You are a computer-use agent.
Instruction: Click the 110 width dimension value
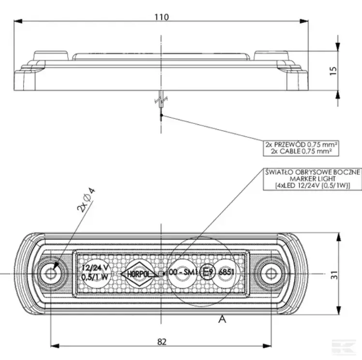click(162, 17)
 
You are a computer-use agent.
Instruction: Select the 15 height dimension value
click(332, 71)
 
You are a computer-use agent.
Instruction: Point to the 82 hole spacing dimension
click(162, 341)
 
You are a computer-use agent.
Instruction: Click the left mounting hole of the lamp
click(50, 274)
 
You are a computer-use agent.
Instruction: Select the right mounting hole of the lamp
click(269, 274)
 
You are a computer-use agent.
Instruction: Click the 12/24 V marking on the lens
click(95, 267)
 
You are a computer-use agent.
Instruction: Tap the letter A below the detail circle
click(223, 318)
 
